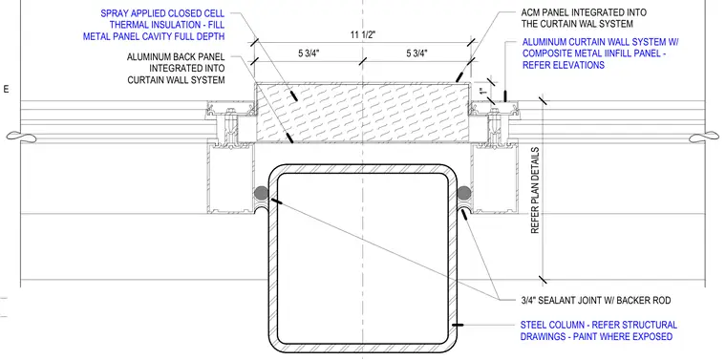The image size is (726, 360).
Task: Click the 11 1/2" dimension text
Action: click(362, 35)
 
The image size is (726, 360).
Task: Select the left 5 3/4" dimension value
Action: click(309, 53)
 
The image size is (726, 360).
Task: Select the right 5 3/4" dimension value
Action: click(416, 53)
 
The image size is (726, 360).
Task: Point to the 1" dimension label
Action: click(483, 92)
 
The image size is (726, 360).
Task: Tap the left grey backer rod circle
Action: click(261, 193)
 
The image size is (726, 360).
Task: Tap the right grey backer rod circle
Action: click(464, 193)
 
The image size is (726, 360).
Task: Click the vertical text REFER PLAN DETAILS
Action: click(535, 190)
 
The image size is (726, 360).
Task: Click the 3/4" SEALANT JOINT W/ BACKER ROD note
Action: click(595, 301)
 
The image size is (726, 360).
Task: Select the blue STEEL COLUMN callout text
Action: click(598, 330)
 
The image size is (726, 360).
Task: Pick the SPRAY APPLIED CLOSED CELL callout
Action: click(154, 25)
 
